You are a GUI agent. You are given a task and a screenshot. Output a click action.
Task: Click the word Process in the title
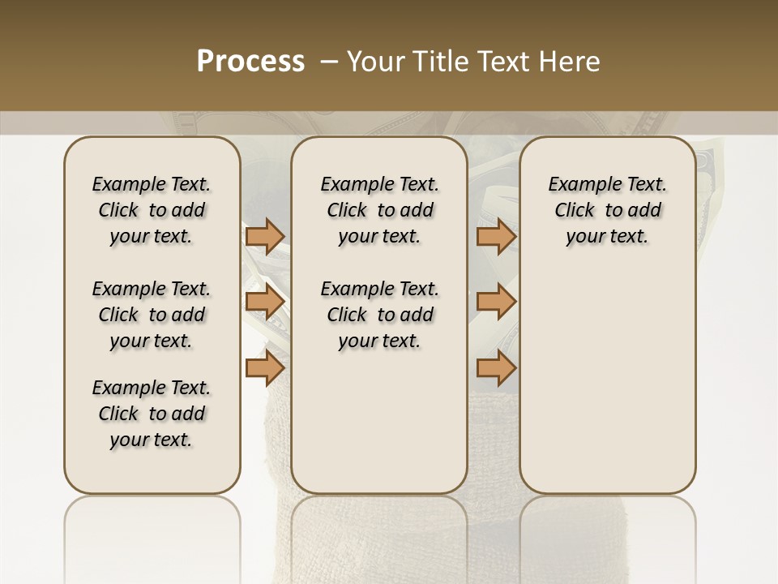click(250, 61)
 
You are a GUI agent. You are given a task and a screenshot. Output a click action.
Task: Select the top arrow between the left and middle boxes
click(265, 236)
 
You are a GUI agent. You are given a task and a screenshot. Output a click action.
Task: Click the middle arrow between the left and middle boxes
click(265, 303)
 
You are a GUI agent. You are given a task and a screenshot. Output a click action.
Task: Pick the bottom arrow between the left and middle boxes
click(265, 368)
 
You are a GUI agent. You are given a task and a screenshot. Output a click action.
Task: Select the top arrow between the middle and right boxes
click(496, 236)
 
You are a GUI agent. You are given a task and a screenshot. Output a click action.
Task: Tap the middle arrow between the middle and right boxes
click(496, 303)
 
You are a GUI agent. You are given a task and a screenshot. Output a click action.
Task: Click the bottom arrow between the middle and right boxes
click(496, 368)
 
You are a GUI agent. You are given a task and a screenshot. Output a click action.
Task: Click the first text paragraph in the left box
click(152, 210)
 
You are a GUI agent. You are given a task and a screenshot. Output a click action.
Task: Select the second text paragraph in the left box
click(152, 315)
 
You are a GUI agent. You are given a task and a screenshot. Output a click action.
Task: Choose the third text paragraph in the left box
click(152, 414)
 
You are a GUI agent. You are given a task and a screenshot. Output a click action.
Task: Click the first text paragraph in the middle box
click(379, 210)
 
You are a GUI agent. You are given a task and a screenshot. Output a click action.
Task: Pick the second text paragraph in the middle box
click(379, 315)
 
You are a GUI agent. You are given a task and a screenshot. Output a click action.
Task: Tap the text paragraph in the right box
click(608, 210)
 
